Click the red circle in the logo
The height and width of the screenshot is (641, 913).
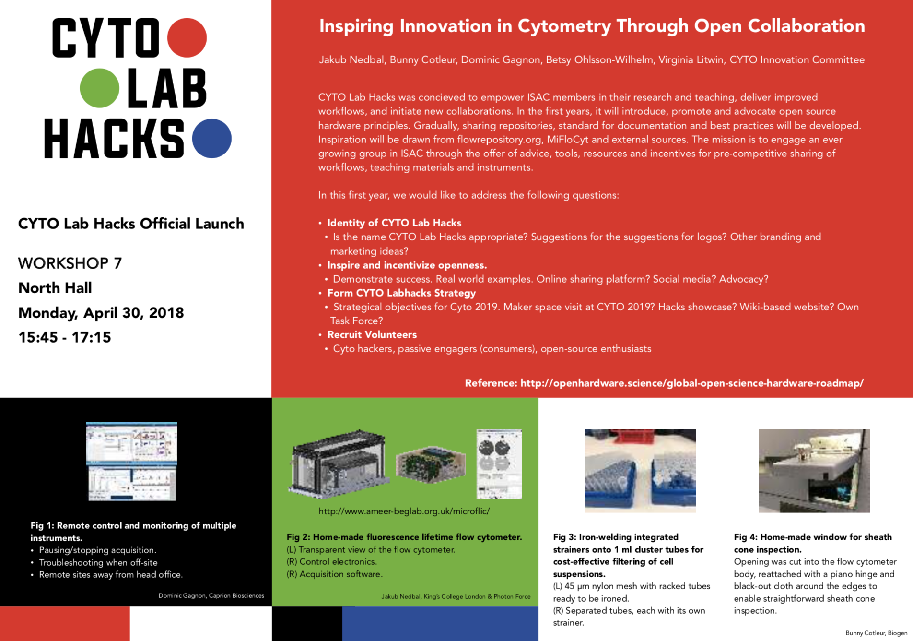coord(187,38)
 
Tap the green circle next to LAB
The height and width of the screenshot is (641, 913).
coord(99,88)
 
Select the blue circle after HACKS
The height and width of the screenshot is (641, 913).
coord(211,138)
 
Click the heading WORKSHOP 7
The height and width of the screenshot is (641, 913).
coord(70,263)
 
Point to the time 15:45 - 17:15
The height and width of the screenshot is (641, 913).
coord(65,337)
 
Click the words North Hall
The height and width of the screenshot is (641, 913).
coord(55,288)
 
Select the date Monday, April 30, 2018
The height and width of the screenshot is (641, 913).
coord(101,313)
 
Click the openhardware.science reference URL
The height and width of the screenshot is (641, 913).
coord(691,383)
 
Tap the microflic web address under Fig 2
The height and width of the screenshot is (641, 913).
coord(404,511)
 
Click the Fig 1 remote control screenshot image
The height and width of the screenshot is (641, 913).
coord(132,461)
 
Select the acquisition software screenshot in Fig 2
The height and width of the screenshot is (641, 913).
coord(499,463)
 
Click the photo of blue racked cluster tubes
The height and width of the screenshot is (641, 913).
coord(640,471)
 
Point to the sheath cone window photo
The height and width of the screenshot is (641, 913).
coord(814,471)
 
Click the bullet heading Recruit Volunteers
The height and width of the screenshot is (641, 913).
coord(372,335)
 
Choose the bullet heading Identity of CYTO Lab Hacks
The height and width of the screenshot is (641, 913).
coord(394,223)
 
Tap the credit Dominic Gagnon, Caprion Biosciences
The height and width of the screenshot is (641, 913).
coord(211,595)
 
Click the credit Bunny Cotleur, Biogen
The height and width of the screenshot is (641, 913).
coord(876,633)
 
